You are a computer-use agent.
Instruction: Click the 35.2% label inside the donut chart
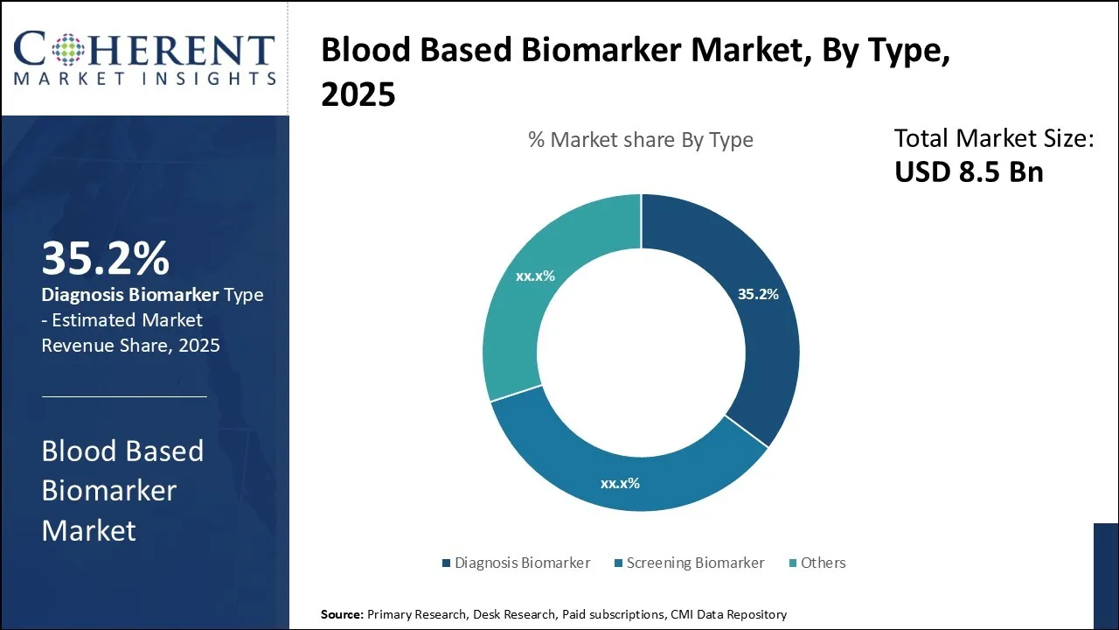pyautogui.click(x=758, y=295)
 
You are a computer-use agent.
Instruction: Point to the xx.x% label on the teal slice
pyautogui.click(x=535, y=276)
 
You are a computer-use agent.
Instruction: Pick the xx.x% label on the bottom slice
pyautogui.click(x=620, y=482)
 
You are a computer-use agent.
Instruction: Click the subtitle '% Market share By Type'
pyautogui.click(x=641, y=140)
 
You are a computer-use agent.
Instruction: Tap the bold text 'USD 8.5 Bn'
pyautogui.click(x=969, y=171)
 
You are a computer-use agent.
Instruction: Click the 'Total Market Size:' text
pyautogui.click(x=994, y=138)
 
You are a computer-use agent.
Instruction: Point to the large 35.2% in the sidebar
pyautogui.click(x=105, y=259)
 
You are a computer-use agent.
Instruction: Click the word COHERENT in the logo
pyautogui.click(x=145, y=50)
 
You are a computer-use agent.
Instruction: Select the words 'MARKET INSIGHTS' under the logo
pyautogui.click(x=145, y=79)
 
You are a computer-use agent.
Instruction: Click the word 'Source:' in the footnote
pyautogui.click(x=342, y=614)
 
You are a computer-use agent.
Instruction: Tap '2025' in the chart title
pyautogui.click(x=358, y=95)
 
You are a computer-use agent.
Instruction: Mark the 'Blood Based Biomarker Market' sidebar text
pyautogui.click(x=122, y=490)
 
